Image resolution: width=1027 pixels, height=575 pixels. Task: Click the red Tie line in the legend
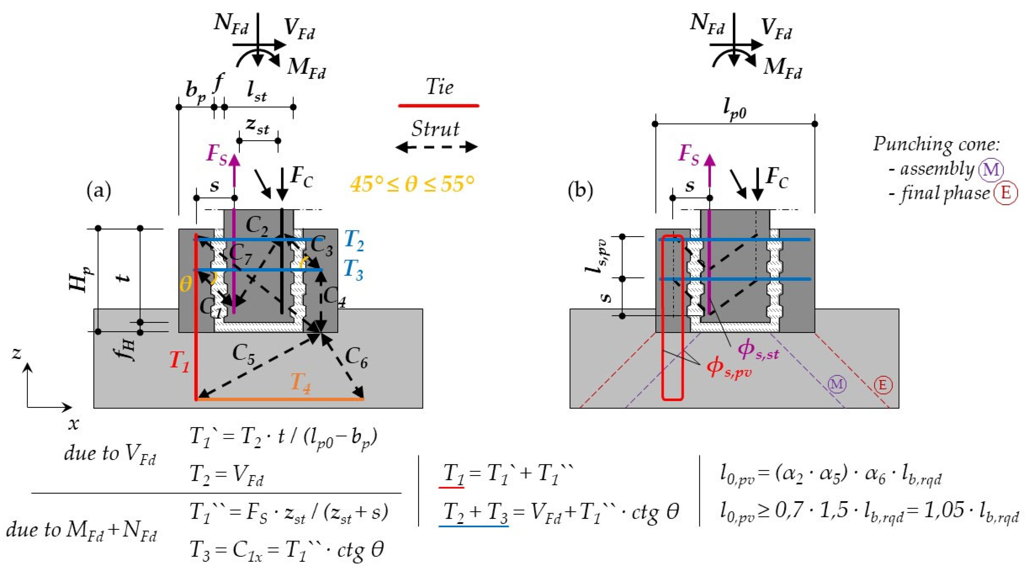click(x=438, y=106)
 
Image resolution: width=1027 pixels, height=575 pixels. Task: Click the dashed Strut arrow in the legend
click(x=436, y=147)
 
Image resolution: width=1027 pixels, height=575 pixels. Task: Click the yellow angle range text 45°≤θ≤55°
click(x=412, y=184)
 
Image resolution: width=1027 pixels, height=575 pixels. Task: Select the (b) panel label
click(x=580, y=191)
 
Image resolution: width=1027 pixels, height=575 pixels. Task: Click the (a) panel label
click(x=99, y=191)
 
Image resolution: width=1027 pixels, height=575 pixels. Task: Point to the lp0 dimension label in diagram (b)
click(x=735, y=111)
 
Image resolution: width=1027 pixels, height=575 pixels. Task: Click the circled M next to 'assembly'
click(x=991, y=170)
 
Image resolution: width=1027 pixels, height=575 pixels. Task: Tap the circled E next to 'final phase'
click(x=1005, y=193)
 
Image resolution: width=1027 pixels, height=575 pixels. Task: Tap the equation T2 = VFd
click(x=226, y=476)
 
